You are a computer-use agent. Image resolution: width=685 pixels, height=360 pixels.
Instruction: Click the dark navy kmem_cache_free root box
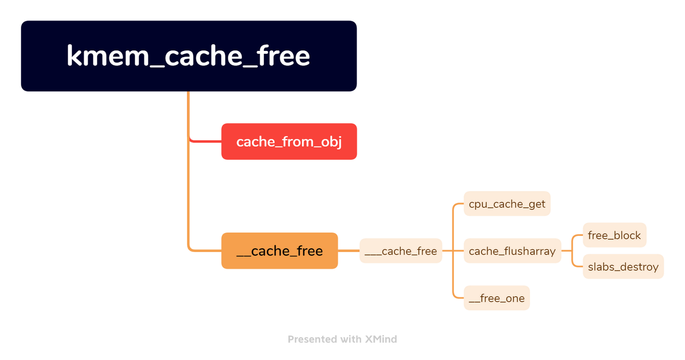click(x=189, y=56)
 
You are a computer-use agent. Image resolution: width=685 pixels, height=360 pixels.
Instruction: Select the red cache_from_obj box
click(x=289, y=142)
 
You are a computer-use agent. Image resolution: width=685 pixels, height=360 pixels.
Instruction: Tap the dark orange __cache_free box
click(x=279, y=251)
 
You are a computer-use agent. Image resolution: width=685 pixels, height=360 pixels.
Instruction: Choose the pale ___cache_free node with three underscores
click(x=401, y=251)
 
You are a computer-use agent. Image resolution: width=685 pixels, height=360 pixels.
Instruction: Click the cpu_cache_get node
click(x=507, y=204)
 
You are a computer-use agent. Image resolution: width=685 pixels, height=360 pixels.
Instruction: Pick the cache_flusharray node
click(x=512, y=251)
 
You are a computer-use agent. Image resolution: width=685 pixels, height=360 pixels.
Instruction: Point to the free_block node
click(x=614, y=235)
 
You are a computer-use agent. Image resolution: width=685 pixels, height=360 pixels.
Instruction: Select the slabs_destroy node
click(x=623, y=267)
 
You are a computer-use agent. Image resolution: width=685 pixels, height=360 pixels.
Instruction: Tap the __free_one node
click(x=497, y=299)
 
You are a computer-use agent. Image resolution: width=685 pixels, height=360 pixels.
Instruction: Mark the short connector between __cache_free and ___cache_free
click(x=349, y=251)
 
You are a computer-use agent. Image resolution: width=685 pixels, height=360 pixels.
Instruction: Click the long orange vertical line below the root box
click(x=189, y=190)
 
